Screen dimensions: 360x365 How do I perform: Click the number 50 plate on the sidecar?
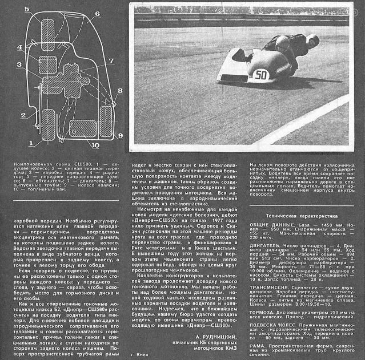pyautogui.click(x=260, y=75)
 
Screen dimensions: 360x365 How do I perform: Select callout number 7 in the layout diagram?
pyautogui.click(x=111, y=59)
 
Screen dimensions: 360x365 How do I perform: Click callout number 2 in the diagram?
pyautogui.click(x=23, y=115)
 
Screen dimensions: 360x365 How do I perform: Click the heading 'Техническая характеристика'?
pyautogui.click(x=302, y=216)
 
